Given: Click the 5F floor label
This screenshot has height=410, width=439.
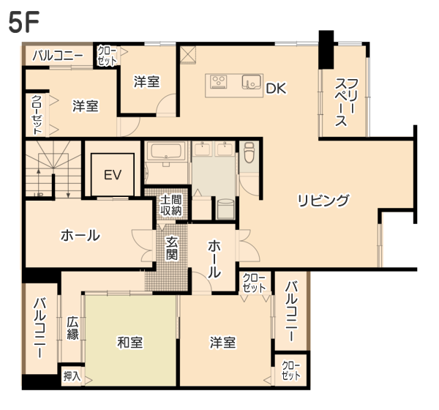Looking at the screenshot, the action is (23, 22).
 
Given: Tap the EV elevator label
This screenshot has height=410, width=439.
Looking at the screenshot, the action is (113, 175).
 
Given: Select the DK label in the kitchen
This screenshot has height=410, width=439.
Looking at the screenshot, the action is (276, 89).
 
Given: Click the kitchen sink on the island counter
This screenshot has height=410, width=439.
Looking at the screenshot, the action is (252, 81).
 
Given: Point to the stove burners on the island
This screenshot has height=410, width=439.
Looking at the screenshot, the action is (219, 81).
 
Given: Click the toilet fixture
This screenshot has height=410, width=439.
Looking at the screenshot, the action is (249, 152).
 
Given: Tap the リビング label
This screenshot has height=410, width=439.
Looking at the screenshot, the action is (323, 200).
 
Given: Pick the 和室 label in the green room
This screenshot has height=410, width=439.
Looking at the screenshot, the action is (130, 342).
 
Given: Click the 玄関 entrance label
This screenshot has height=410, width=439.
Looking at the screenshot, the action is (171, 248).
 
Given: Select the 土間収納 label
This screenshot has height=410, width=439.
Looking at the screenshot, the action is (170, 205).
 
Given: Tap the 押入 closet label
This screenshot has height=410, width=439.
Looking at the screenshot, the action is (72, 376).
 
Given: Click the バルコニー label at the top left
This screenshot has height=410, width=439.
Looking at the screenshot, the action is (58, 56).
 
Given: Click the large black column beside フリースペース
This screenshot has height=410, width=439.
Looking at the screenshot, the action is (326, 49).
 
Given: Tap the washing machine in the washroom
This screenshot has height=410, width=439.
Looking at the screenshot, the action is (225, 209).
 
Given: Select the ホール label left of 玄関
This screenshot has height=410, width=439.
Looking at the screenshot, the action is (80, 235).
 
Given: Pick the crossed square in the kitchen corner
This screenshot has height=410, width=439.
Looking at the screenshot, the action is (188, 55).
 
